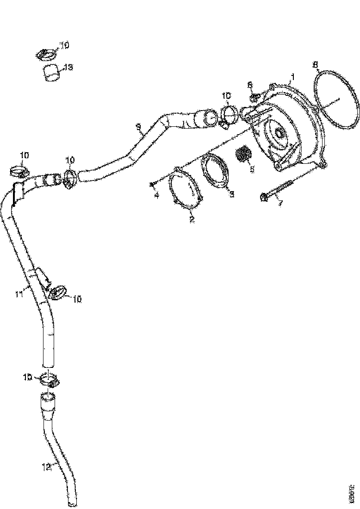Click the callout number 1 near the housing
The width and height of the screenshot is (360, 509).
[292, 74]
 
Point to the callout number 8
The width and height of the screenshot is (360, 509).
[316, 64]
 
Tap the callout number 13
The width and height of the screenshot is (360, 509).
[68, 68]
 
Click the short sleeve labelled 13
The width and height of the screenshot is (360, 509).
[52, 73]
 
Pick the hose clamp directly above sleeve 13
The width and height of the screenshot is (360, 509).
[46, 55]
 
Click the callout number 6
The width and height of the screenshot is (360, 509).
[250, 85]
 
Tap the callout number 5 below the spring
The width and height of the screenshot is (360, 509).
[252, 169]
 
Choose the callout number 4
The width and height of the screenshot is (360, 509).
[156, 196]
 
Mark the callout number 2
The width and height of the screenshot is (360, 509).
[192, 219]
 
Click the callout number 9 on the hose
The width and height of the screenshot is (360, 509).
[138, 125]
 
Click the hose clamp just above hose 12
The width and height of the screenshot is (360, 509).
[50, 379]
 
